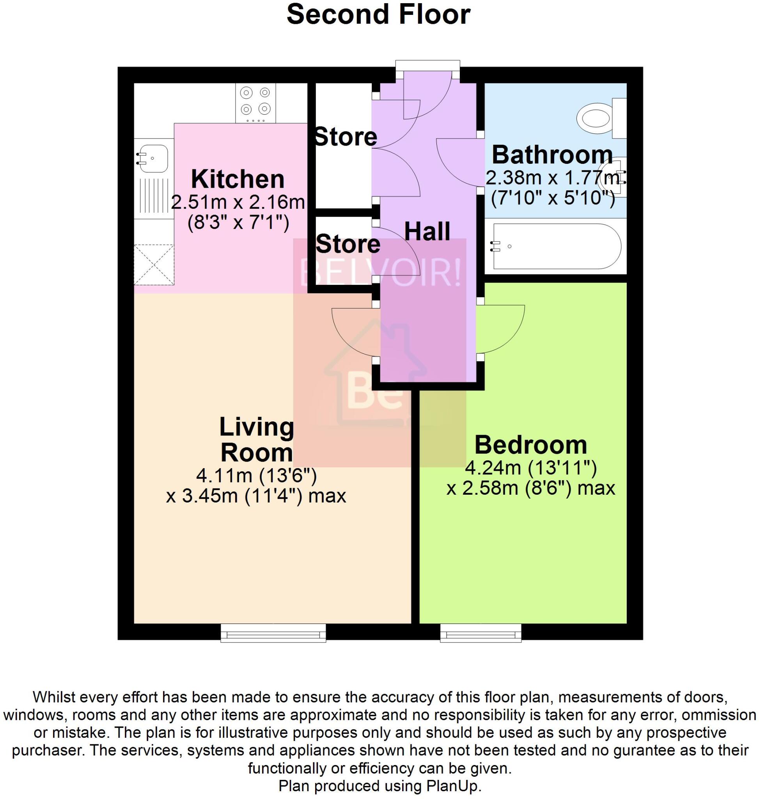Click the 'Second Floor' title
pyautogui.click(x=378, y=15)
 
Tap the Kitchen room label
pyautogui.click(x=238, y=179)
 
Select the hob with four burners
pyautogui.click(x=255, y=103)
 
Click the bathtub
pyautogui.click(x=556, y=246)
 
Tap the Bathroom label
pyautogui.click(x=552, y=154)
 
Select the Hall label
pyautogui.click(x=427, y=231)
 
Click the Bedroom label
pyautogui.click(x=530, y=445)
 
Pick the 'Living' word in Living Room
pyautogui.click(x=257, y=427)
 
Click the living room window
pyautogui.click(x=273, y=633)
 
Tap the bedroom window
pyautogui.click(x=481, y=633)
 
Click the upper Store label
pyautogui.click(x=346, y=137)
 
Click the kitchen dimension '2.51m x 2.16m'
pyautogui.click(x=238, y=202)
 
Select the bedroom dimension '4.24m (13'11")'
pyautogui.click(x=530, y=468)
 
